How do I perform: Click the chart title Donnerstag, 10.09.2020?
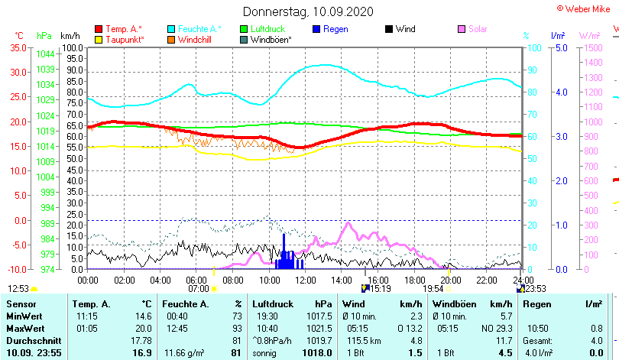308,11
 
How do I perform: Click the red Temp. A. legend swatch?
99,29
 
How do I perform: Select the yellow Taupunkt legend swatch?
99,40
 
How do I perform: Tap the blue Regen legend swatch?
316,29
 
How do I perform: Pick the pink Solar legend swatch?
462,29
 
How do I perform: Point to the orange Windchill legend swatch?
171,40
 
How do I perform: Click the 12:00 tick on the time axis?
305,280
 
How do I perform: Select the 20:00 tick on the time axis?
450,280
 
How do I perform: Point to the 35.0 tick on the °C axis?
17,47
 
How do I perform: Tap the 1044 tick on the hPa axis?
45,54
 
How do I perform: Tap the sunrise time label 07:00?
198,289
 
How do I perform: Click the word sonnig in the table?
265,352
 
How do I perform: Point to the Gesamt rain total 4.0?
596,340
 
